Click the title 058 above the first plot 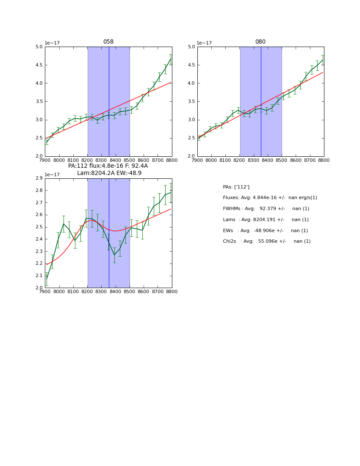[108, 42]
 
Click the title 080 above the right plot [260, 42]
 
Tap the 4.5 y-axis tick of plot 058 [39, 65]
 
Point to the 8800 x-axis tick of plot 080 [324, 160]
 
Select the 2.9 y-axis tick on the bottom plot [39, 178]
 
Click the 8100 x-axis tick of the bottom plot [73, 292]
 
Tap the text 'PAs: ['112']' [236, 187]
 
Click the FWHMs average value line [266, 209]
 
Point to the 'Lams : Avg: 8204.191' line [266, 219]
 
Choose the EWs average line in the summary [265, 230]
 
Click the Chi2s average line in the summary [266, 241]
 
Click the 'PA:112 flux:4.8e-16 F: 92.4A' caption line [108, 166]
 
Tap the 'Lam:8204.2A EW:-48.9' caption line [109, 173]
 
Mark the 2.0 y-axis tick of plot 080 [191, 156]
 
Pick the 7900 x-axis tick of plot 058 [45, 160]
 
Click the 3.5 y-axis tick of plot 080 [191, 102]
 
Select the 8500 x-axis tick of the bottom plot [130, 292]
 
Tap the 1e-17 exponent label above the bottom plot [53, 175]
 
